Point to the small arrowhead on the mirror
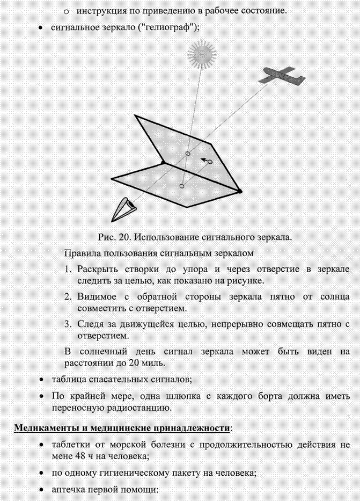click(x=203, y=159)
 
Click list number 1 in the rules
click(x=68, y=268)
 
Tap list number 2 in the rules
click(x=68, y=296)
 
